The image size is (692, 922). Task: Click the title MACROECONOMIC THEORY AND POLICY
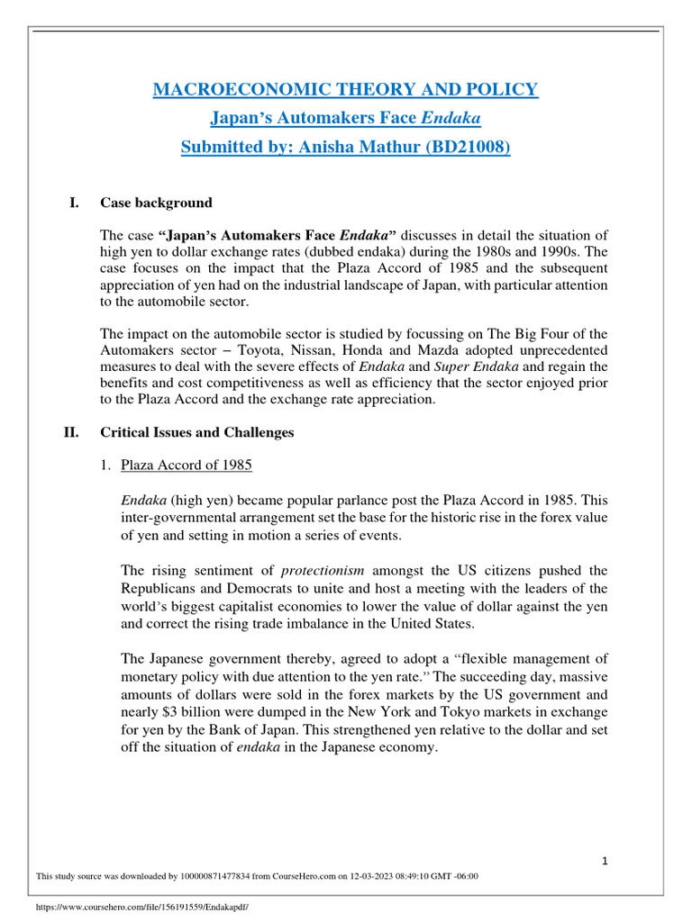coord(345,89)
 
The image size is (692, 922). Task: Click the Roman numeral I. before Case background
coord(75,203)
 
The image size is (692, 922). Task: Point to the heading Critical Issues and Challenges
coord(196,432)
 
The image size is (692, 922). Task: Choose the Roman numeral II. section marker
coord(72,432)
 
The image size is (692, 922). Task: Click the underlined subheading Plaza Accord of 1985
coord(187,466)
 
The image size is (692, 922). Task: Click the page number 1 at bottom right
coord(605,862)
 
